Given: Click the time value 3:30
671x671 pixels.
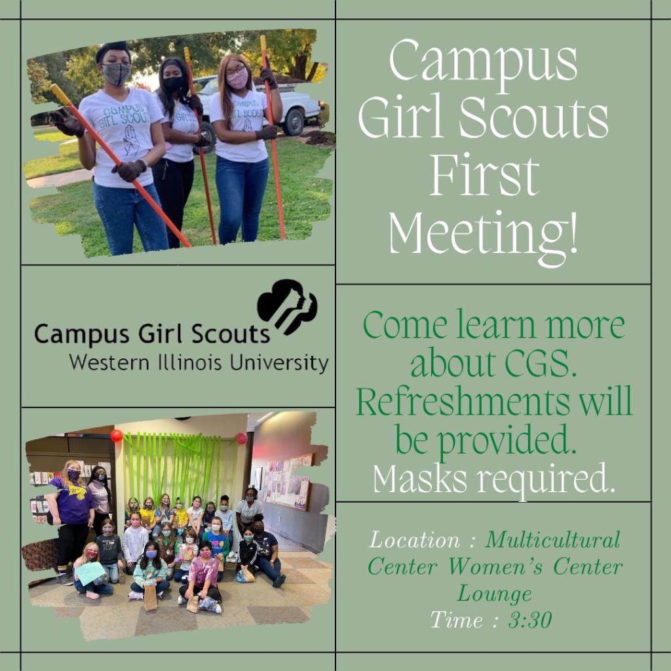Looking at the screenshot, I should (529, 619).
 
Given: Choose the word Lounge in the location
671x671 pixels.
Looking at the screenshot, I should (494, 594).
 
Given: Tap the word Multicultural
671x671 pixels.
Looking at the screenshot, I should (552, 541).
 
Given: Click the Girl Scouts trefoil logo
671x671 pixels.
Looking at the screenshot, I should (287, 305).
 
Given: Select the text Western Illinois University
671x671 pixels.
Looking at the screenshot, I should (199, 362).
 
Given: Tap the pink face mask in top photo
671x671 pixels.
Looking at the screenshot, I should (237, 79).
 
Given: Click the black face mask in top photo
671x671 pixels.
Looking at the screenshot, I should (173, 83).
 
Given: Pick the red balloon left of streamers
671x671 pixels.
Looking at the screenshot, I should (117, 436).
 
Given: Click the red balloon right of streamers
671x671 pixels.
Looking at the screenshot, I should (241, 438).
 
